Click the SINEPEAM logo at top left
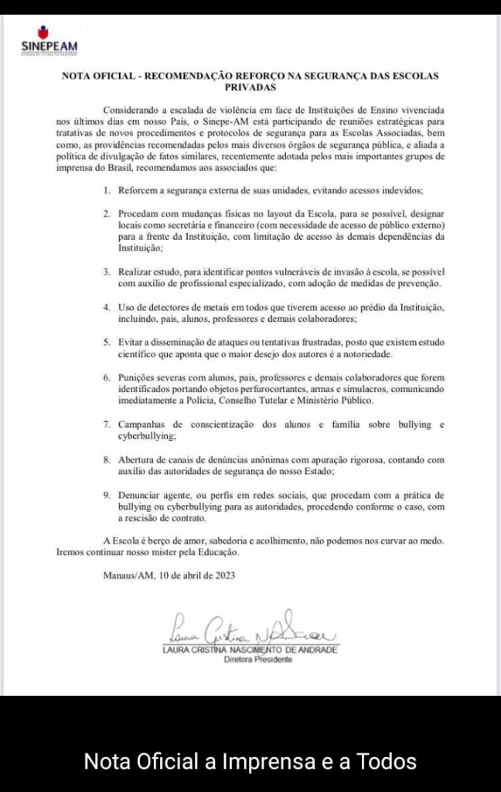pyautogui.click(x=49, y=39)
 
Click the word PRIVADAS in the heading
pyautogui.click(x=250, y=87)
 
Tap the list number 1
pyautogui.click(x=107, y=189)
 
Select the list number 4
pyautogui.click(x=107, y=307)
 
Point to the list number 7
pyautogui.click(x=107, y=425)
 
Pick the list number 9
pyautogui.click(x=107, y=494)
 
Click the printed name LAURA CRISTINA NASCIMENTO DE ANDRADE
pyautogui.click(x=250, y=650)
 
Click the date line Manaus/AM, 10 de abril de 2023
pyautogui.click(x=169, y=575)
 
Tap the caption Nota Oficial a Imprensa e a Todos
pyautogui.click(x=250, y=761)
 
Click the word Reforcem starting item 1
pyautogui.click(x=139, y=189)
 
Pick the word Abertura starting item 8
pyautogui.click(x=138, y=459)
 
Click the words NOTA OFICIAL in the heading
pyautogui.click(x=97, y=76)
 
